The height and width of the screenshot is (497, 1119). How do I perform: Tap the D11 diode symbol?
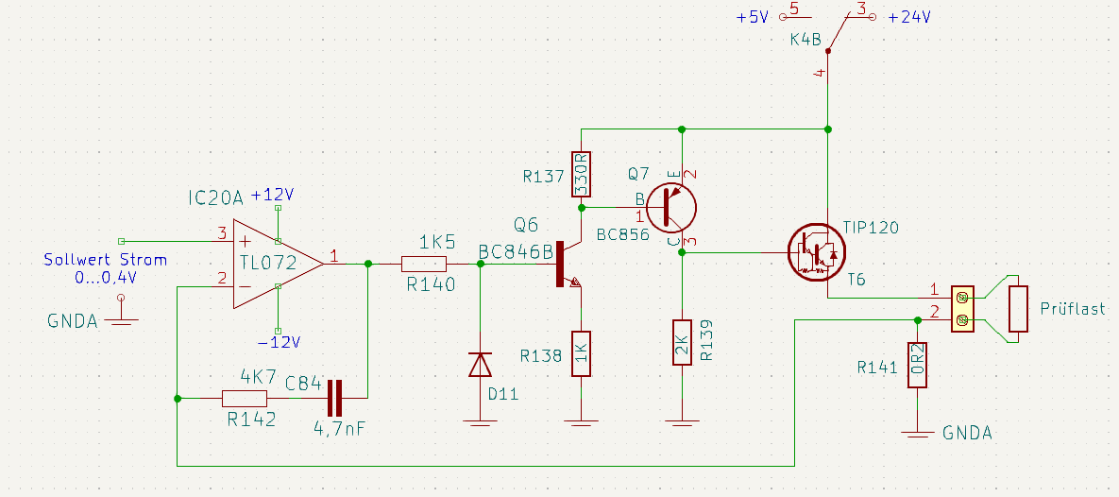[x=481, y=365]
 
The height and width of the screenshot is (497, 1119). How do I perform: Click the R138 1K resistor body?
[x=582, y=354]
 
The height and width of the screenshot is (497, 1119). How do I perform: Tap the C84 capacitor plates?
[x=333, y=398]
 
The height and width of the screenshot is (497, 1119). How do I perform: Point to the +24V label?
[x=909, y=17]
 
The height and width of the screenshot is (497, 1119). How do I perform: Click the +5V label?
[x=753, y=17]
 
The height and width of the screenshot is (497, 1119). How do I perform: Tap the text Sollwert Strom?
[x=106, y=260]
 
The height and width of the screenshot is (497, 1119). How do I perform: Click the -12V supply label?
[x=280, y=342]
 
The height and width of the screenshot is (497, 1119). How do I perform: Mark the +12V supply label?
[x=273, y=195]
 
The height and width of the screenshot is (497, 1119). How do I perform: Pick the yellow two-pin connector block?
[x=961, y=309]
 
